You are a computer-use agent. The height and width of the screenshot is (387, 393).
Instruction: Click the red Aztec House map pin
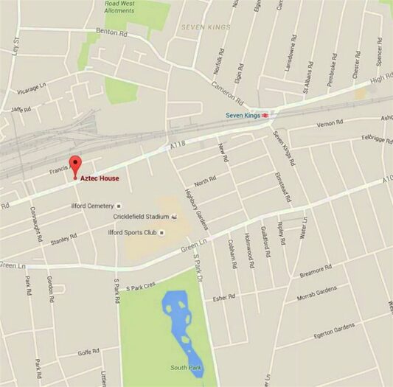coord(74,166)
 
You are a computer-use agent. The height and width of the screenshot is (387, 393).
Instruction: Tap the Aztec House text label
coord(100,178)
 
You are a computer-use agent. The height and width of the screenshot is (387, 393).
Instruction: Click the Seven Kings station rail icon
coord(265,116)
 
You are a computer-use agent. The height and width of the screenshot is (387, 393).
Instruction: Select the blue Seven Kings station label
coord(243,116)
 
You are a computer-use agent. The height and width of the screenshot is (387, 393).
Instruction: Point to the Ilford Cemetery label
coord(91,206)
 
